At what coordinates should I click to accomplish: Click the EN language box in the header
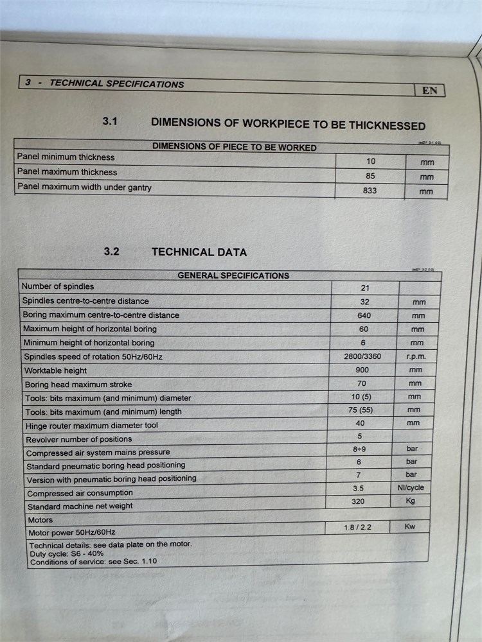(x=430, y=91)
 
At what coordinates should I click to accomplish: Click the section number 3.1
(x=110, y=121)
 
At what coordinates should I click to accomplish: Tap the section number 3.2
(x=111, y=252)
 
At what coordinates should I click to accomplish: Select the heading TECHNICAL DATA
(x=199, y=252)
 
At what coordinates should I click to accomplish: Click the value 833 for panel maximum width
(x=370, y=191)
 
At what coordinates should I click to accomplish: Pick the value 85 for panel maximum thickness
(x=370, y=176)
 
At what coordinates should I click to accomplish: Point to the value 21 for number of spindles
(x=365, y=288)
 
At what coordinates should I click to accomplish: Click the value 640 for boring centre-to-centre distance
(x=364, y=315)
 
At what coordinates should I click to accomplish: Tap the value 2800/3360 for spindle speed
(x=363, y=356)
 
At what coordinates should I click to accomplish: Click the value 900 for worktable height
(x=362, y=370)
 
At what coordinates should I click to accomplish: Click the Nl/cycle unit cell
(x=411, y=488)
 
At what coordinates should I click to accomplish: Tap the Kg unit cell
(x=411, y=501)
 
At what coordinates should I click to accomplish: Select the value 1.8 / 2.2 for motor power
(x=358, y=528)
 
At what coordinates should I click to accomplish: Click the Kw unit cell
(x=410, y=527)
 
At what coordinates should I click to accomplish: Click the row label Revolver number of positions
(x=79, y=440)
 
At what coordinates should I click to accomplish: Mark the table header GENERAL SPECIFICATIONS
(x=233, y=275)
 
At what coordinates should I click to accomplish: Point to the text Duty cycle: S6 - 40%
(x=67, y=553)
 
